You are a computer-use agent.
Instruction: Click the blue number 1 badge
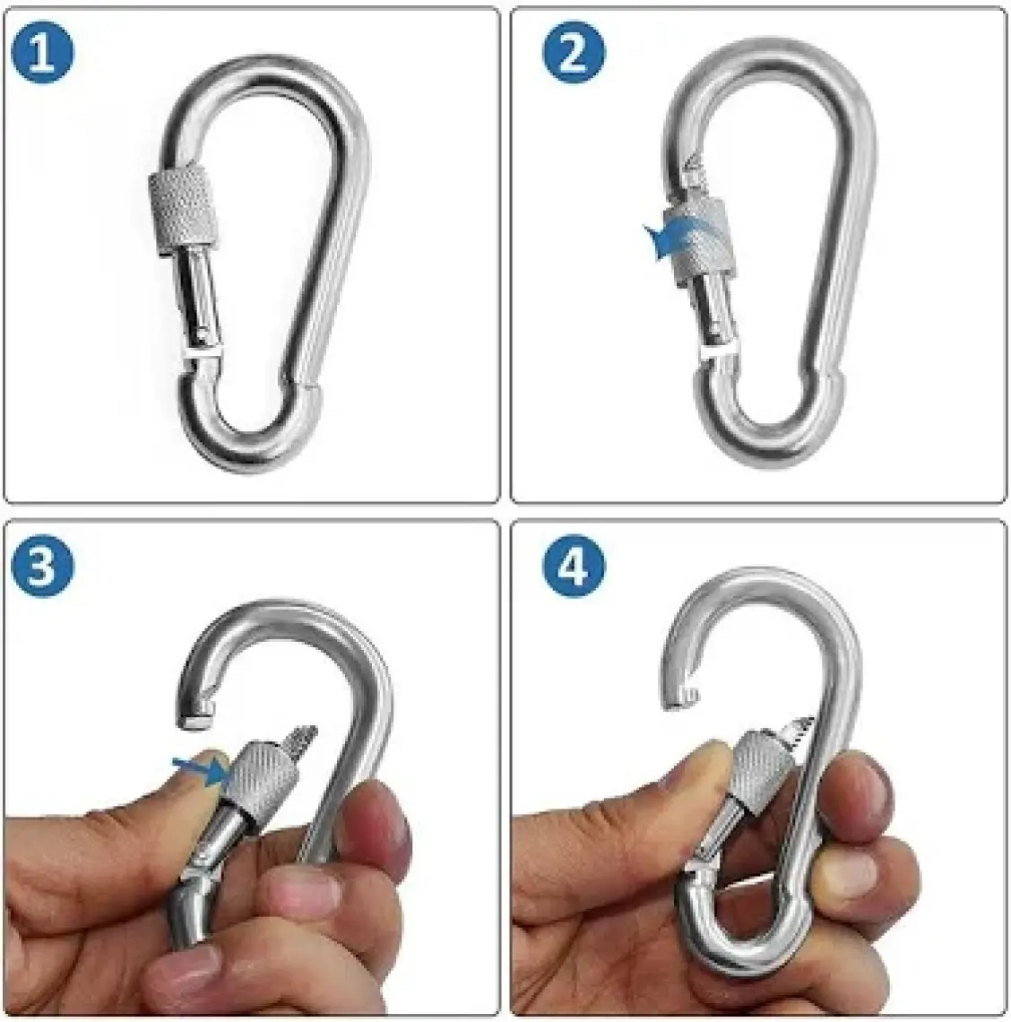click(43, 53)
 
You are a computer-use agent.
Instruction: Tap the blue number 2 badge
click(574, 53)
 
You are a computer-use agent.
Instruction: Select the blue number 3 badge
click(43, 565)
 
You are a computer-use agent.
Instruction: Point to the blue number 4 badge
click(574, 565)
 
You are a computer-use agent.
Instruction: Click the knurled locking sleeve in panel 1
click(183, 206)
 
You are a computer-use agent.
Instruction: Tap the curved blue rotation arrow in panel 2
click(678, 238)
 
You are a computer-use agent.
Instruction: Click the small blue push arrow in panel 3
click(200, 770)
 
